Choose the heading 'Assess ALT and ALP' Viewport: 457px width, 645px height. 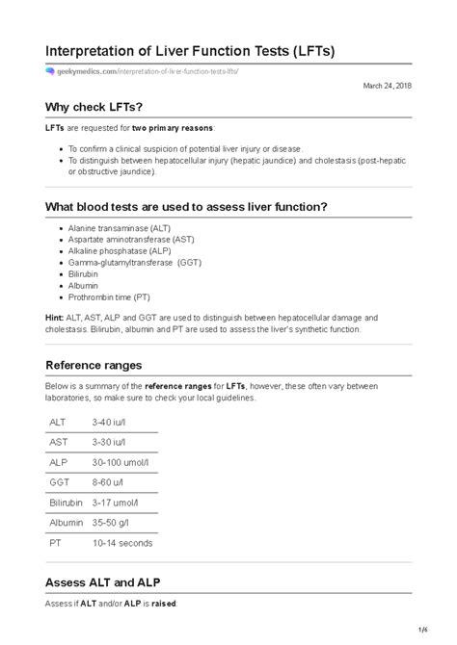pyautogui.click(x=108, y=581)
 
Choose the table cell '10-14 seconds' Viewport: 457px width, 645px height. pyautogui.click(x=122, y=542)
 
